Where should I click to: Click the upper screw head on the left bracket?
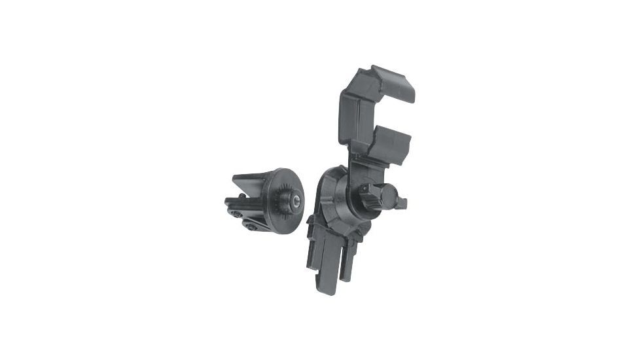[x=235, y=213]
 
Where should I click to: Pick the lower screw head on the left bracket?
[x=252, y=226]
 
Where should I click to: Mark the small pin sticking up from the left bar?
[x=242, y=195]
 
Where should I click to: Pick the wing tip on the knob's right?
[x=400, y=203]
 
